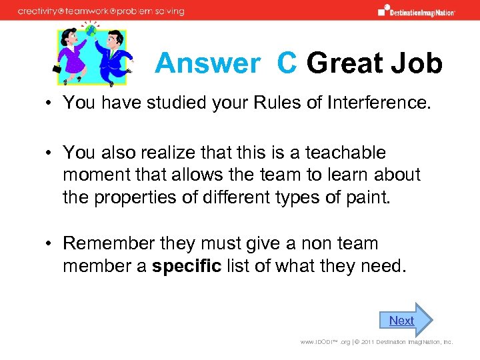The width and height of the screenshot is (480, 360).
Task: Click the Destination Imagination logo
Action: point(416,11)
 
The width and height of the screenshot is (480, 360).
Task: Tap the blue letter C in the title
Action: point(287,63)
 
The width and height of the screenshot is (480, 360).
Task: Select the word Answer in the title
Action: point(207,63)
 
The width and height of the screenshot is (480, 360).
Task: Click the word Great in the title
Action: point(345,63)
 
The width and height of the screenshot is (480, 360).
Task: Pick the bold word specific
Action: point(187,266)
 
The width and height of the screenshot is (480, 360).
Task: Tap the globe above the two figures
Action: point(90,29)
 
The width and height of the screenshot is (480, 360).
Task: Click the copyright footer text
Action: point(376,342)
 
